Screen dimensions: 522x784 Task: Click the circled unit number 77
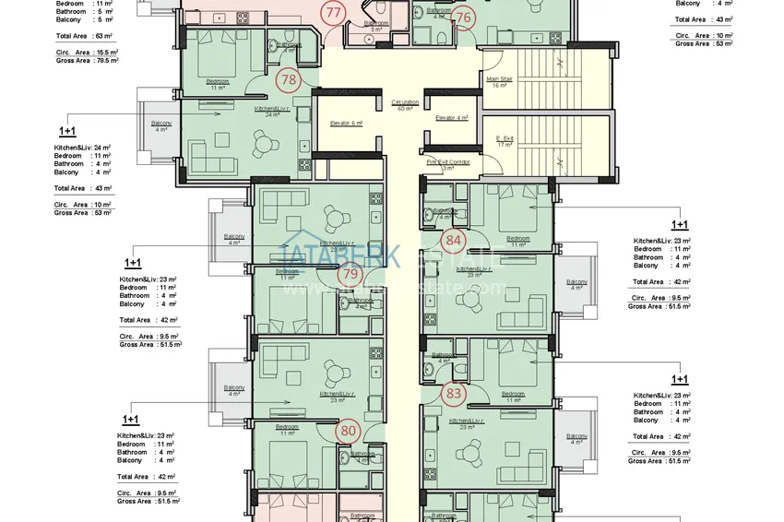334,13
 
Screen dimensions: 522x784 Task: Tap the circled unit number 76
463,17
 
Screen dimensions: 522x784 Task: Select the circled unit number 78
289,80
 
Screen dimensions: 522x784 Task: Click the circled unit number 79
350,273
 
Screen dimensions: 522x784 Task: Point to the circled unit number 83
453,393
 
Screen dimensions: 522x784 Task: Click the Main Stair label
499,82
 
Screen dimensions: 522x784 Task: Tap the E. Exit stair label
505,142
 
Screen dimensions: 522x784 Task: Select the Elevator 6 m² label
347,122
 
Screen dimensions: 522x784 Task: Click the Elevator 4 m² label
452,118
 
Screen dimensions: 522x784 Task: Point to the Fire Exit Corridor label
447,164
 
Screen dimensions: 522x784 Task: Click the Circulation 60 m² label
404,105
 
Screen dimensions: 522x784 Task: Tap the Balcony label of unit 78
161,125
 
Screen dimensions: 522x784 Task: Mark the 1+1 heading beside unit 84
680,224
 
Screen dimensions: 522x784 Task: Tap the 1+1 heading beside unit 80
130,419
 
